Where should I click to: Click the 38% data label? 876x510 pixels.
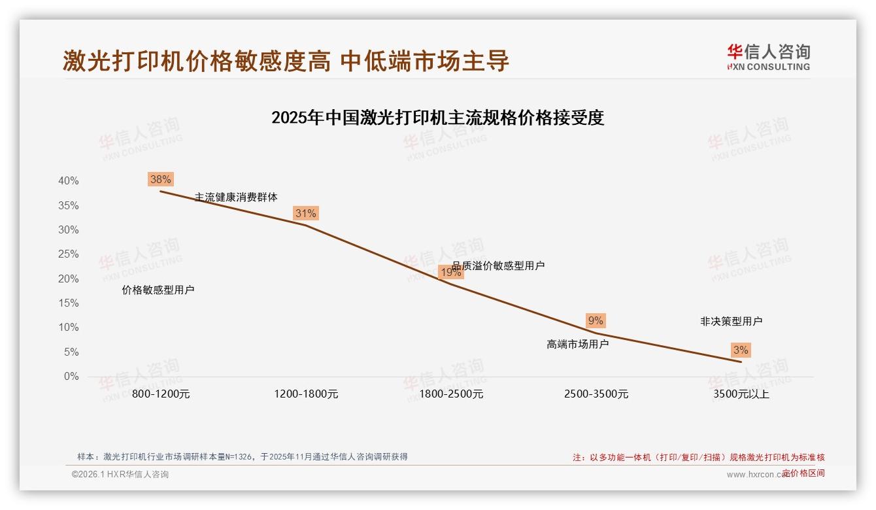pyautogui.click(x=160, y=179)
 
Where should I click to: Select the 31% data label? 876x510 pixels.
pyautogui.click(x=305, y=213)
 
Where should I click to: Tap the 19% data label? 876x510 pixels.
pyautogui.click(x=450, y=272)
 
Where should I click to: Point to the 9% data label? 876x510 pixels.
pyautogui.click(x=596, y=320)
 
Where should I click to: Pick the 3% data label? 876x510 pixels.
pyautogui.click(x=741, y=350)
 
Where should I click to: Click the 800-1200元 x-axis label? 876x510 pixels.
pyautogui.click(x=161, y=394)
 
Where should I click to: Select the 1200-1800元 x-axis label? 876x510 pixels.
pyautogui.click(x=306, y=394)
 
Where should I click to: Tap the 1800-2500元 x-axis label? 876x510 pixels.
pyautogui.click(x=451, y=394)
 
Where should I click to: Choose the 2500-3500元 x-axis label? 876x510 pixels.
pyautogui.click(x=596, y=394)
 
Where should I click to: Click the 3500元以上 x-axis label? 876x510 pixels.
pyautogui.click(x=741, y=394)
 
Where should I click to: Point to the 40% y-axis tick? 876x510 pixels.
pyautogui.click(x=68, y=181)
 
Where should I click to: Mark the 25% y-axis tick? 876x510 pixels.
pyautogui.click(x=68, y=254)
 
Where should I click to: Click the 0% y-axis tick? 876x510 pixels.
pyautogui.click(x=71, y=377)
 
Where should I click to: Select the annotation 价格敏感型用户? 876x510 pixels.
pyautogui.click(x=158, y=290)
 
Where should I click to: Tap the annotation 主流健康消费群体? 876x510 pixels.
pyautogui.click(x=236, y=197)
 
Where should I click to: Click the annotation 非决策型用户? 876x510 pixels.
pyautogui.click(x=731, y=321)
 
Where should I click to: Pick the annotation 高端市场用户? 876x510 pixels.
pyautogui.click(x=577, y=344)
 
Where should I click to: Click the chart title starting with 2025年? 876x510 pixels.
pyautogui.click(x=437, y=118)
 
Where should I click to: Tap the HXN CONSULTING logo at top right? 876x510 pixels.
pyautogui.click(x=768, y=57)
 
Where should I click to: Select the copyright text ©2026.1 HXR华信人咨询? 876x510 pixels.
pyautogui.click(x=120, y=474)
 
